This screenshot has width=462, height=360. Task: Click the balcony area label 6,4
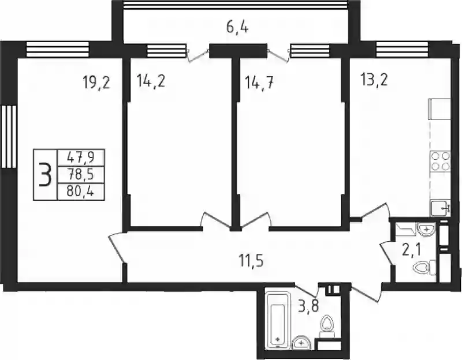tap(237, 27)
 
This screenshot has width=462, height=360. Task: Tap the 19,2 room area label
tap(96, 82)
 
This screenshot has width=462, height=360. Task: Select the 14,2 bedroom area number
tap(151, 81)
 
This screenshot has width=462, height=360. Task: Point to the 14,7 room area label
tap(259, 82)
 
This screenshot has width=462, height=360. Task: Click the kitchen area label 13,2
tap(374, 80)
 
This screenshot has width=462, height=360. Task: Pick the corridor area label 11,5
tap(251, 261)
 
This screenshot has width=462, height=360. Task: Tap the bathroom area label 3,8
tap(308, 307)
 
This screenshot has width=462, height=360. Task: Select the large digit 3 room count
tap(45, 175)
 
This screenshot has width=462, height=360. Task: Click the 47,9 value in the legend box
tap(80, 157)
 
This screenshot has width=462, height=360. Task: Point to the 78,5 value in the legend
tap(80, 175)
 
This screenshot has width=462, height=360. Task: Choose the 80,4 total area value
tap(80, 192)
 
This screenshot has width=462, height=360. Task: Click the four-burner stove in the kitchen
tap(441, 162)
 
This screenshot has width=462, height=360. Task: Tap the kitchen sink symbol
tap(440, 208)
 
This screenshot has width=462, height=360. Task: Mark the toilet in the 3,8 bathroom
tap(327, 327)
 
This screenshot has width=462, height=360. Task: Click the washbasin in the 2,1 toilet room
tap(426, 228)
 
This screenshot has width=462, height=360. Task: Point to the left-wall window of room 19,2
tap(9, 137)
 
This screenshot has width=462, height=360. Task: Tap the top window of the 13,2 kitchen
tap(402, 48)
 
